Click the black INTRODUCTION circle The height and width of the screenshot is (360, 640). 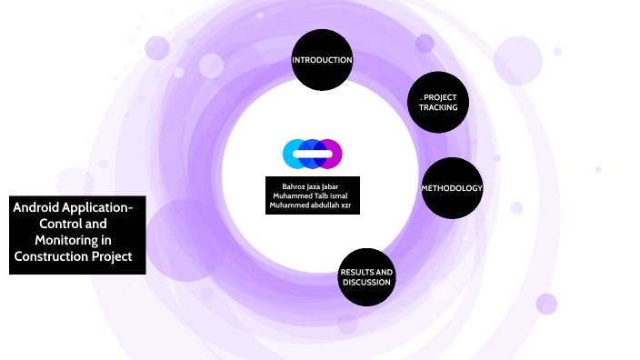pos(322,61)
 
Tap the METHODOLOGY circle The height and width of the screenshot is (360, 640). pos(451,188)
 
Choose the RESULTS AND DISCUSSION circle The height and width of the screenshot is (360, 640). pos(366,276)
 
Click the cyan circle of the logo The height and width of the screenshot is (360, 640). pos(294,154)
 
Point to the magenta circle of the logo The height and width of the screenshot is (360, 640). pos(332,154)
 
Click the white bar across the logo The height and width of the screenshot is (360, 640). pos(312,154)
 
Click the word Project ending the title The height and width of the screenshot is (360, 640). pos(123,256)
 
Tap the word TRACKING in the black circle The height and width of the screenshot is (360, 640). pos(438,108)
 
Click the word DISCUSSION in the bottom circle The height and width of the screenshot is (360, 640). pos(366,282)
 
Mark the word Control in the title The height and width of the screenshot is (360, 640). pos(60,224)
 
